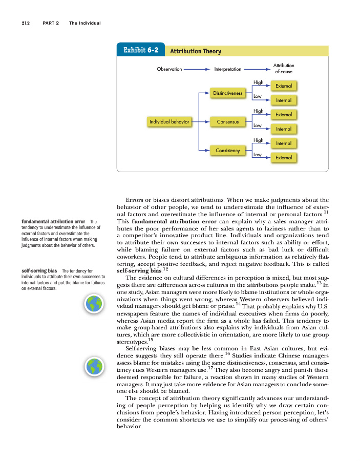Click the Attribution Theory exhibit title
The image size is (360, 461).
tap(195, 51)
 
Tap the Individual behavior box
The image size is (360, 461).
tap(169, 122)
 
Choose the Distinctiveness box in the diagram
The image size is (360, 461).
tap(228, 93)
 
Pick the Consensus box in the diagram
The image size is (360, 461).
tap(228, 122)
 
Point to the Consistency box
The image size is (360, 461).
tap(228, 151)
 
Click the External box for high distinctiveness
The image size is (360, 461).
tap(284, 86)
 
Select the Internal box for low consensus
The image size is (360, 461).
tap(284, 129)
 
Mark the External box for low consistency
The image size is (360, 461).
tap(284, 158)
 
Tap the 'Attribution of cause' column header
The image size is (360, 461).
tap(284, 69)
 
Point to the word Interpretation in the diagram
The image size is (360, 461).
tap(227, 69)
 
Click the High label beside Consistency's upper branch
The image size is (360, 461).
tap(258, 140)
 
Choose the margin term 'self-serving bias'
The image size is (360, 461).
tap(39, 270)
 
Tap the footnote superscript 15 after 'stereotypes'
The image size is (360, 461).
tap(150, 340)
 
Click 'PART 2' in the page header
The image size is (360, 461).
tap(52, 23)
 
